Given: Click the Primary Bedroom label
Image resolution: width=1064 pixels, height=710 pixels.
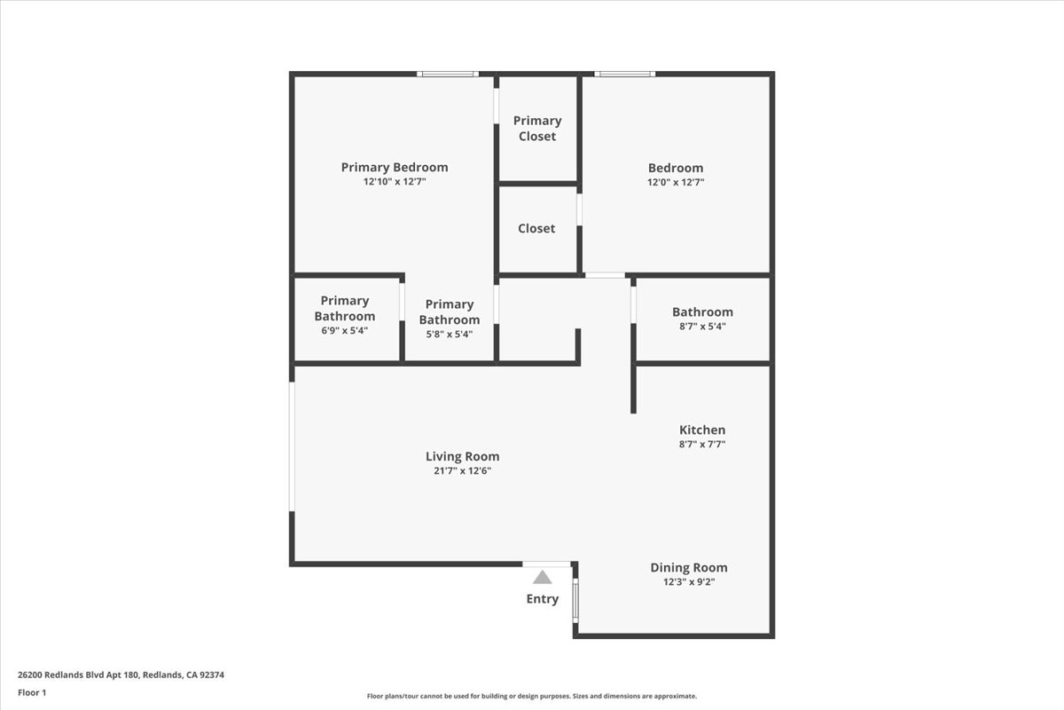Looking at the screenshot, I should [x=395, y=167].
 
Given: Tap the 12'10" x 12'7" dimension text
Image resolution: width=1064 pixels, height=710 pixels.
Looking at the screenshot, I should [x=395, y=182].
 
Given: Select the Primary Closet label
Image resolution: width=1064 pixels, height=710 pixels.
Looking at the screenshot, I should [x=537, y=128].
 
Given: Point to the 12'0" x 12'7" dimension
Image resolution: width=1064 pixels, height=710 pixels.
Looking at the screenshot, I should [x=676, y=183].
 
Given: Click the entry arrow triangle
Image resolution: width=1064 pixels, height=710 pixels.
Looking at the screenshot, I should [x=543, y=577].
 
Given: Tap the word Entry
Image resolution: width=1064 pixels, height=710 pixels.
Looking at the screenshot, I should [x=543, y=599].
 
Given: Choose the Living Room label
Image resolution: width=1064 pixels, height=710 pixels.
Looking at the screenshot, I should [x=463, y=456].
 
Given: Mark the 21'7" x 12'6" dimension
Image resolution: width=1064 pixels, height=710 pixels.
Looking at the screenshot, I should [x=463, y=471].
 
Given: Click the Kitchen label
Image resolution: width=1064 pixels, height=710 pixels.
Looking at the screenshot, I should [x=702, y=430].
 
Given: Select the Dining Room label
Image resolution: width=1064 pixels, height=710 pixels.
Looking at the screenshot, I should [x=689, y=567].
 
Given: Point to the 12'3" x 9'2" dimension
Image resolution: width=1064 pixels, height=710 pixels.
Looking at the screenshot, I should [x=689, y=582].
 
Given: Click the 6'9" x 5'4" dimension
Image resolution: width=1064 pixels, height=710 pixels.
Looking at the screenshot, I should [x=345, y=330].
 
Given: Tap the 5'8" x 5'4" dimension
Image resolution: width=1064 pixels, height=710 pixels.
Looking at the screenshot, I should [x=450, y=335].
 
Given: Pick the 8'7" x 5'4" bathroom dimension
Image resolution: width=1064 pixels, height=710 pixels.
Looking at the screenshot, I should [x=702, y=327].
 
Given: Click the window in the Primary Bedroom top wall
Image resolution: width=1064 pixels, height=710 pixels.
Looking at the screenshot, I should [x=449, y=74].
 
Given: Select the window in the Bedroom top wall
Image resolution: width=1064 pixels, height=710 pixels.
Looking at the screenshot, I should [x=625, y=74].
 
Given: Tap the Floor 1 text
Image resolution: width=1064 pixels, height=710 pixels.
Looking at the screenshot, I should [x=32, y=692].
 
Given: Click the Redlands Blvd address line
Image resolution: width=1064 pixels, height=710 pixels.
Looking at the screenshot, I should [x=121, y=674].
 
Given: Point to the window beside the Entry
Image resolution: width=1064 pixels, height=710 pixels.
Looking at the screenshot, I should [x=575, y=600].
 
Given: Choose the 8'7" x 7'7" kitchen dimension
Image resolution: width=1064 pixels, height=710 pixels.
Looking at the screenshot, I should [x=702, y=445].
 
